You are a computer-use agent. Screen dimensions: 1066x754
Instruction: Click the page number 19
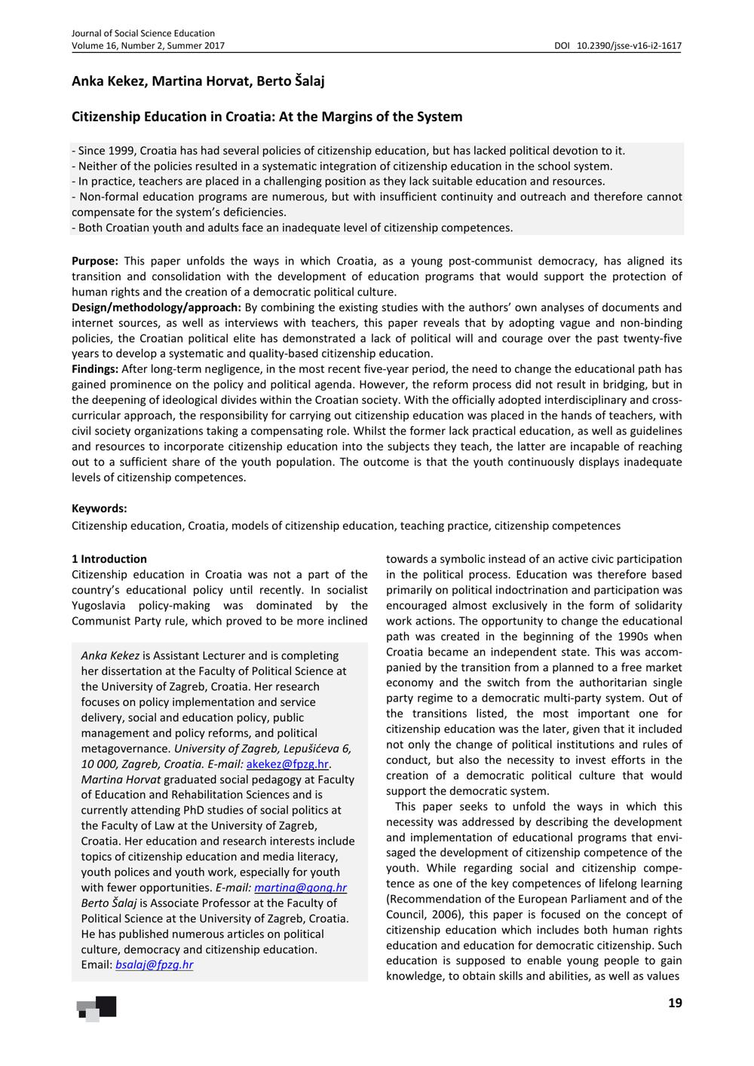click(675, 1003)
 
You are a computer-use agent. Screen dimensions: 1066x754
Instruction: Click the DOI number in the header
click(629, 46)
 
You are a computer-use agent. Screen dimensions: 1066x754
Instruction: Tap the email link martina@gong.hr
click(300, 887)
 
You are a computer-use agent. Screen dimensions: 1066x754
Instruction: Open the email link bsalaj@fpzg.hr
click(154, 965)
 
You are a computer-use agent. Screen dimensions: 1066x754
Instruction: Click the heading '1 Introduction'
click(109, 559)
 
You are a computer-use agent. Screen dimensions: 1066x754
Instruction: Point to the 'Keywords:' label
click(100, 509)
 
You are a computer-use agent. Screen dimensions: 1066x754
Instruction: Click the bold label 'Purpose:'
click(95, 261)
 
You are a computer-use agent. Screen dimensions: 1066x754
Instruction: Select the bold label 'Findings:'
click(95, 369)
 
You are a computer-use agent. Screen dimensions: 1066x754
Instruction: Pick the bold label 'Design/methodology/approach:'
click(156, 307)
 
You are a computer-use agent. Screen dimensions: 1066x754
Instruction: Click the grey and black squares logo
click(97, 1008)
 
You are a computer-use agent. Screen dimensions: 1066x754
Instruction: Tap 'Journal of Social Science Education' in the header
click(143, 33)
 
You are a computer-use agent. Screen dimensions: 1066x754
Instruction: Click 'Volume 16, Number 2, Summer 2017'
click(148, 46)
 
